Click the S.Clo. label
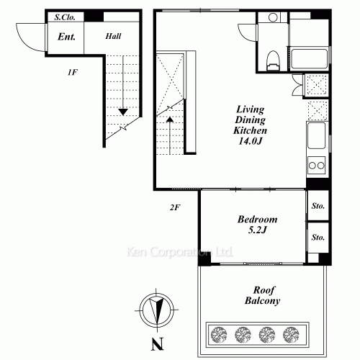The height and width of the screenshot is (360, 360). pyautogui.click(x=65, y=17)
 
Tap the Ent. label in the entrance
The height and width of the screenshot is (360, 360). pyautogui.click(x=66, y=37)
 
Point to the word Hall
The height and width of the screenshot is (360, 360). pyautogui.click(x=113, y=36)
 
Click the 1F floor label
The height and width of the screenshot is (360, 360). pyautogui.click(x=73, y=72)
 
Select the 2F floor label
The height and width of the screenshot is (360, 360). pyautogui.click(x=175, y=207)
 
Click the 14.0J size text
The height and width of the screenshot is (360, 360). pyautogui.click(x=251, y=141)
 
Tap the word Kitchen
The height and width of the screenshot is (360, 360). pyautogui.click(x=250, y=130)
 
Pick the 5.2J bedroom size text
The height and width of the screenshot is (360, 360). pyautogui.click(x=257, y=230)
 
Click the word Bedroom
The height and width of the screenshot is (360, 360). pyautogui.click(x=257, y=220)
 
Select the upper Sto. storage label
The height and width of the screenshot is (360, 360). pyautogui.click(x=318, y=206)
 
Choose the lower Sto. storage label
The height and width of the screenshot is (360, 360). pyautogui.click(x=318, y=238)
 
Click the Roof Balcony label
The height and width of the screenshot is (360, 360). pyautogui.click(x=263, y=295)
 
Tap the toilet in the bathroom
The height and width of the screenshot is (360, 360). pyautogui.click(x=274, y=60)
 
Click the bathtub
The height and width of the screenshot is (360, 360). pyautogui.click(x=309, y=59)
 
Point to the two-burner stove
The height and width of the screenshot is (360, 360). pyautogui.click(x=317, y=165)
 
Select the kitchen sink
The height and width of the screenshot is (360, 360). pyautogui.click(x=317, y=135)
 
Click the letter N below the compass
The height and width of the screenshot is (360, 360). pyautogui.click(x=158, y=344)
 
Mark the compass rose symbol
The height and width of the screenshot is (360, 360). pyautogui.click(x=156, y=310)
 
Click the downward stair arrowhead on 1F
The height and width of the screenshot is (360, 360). pyautogui.click(x=123, y=112)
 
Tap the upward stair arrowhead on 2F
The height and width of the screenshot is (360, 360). pyautogui.click(x=170, y=119)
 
